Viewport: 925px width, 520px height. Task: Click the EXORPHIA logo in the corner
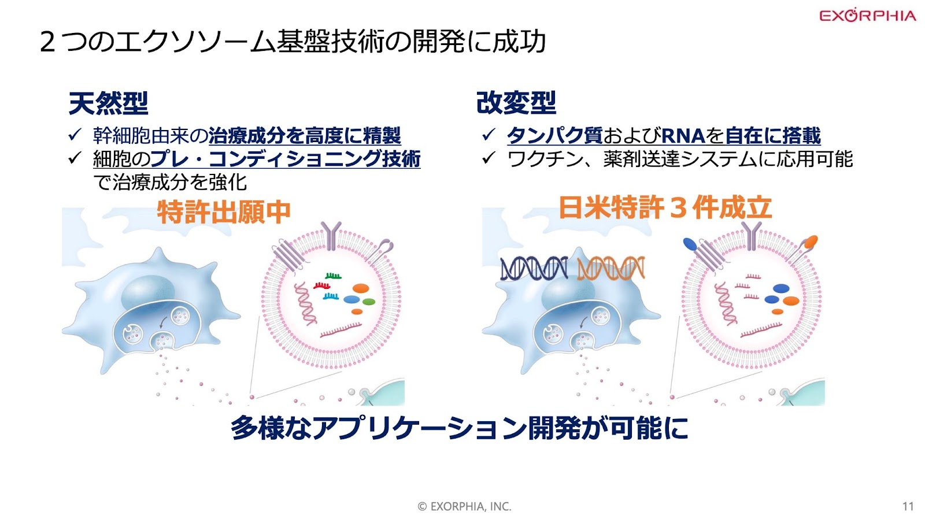tap(867, 15)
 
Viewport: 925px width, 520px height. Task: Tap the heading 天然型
tap(108, 103)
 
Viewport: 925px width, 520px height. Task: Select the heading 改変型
tap(516, 103)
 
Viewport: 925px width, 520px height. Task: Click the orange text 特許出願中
tap(224, 211)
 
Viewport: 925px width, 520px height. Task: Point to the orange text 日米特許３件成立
tap(665, 207)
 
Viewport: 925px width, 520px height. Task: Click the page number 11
tap(908, 506)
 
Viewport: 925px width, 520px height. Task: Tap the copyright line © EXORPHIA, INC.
tap(465, 506)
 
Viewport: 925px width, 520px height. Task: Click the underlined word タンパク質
tap(554, 135)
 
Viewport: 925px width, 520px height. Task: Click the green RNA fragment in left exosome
tap(333, 276)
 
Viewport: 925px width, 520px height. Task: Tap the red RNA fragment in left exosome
tap(321, 285)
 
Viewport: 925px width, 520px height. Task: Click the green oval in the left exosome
tap(368, 302)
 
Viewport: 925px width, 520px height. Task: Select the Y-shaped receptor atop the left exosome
tap(331, 236)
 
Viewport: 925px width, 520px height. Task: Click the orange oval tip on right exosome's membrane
tap(811, 242)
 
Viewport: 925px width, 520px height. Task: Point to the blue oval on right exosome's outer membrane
tap(690, 244)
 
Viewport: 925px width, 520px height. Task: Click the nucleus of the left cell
tap(148, 291)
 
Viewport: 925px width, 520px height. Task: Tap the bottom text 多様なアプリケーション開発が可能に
tap(459, 428)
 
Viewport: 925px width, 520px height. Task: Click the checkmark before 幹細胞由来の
tap(75, 135)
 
